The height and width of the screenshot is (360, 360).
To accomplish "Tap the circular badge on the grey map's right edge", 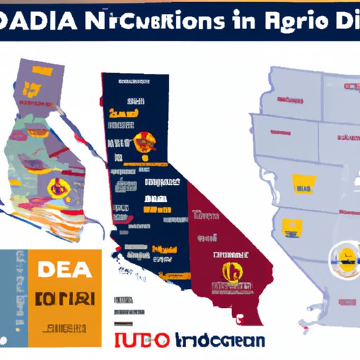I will pos(344,257).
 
